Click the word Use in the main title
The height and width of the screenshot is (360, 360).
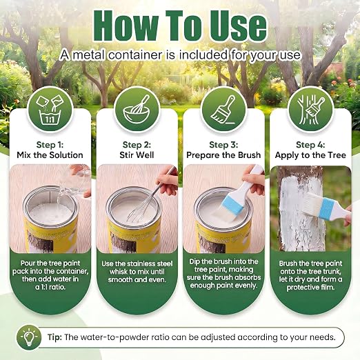click(239, 27)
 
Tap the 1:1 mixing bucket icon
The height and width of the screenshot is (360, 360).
click(50, 110)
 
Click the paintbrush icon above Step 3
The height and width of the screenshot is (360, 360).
click(223, 110)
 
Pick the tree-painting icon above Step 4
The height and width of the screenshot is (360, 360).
click(310, 110)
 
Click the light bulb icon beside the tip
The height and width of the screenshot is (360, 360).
click(29, 337)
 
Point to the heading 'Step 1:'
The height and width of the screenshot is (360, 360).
click(50, 145)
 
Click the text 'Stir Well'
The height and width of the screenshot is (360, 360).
click(137, 155)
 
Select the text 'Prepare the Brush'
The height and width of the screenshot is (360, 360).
click(223, 155)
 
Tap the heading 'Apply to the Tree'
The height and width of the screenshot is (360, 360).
click(310, 155)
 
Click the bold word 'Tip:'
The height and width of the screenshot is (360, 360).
click(54, 337)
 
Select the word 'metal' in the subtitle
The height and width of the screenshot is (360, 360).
click(89, 55)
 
